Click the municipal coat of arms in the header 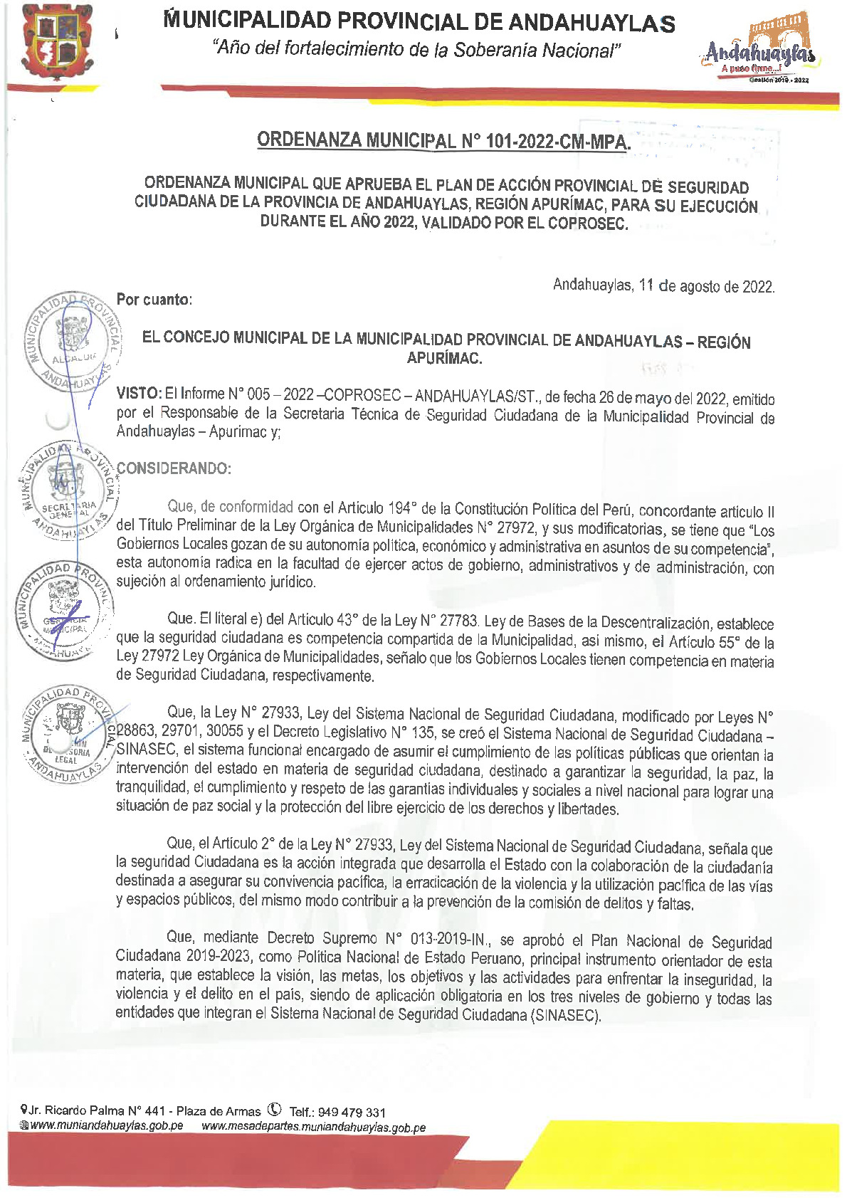coord(58,43)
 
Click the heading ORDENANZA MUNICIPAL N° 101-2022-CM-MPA coord(443,140)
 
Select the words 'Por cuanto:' coord(154,300)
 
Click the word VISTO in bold coord(138,394)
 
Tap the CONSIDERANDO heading coord(174,468)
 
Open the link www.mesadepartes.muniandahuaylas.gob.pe coord(313,1127)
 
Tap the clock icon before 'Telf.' coord(275,1110)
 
